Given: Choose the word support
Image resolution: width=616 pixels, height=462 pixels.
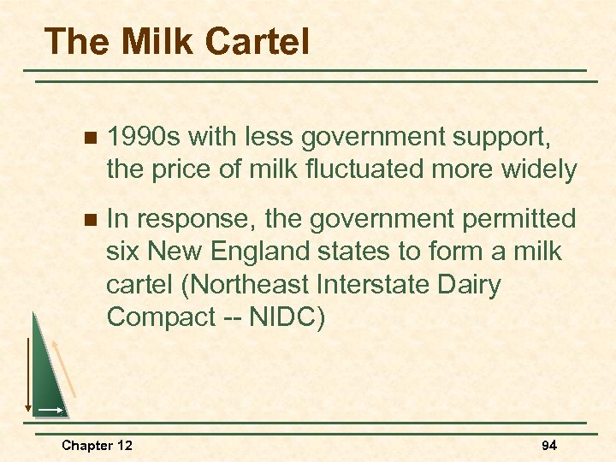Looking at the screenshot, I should pos(506,137).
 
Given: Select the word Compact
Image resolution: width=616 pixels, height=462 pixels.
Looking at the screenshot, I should pos(162,317).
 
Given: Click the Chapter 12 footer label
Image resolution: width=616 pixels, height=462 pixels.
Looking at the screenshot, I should pos(97,446).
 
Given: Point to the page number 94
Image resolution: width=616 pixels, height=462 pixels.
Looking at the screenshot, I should pos(550,446).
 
